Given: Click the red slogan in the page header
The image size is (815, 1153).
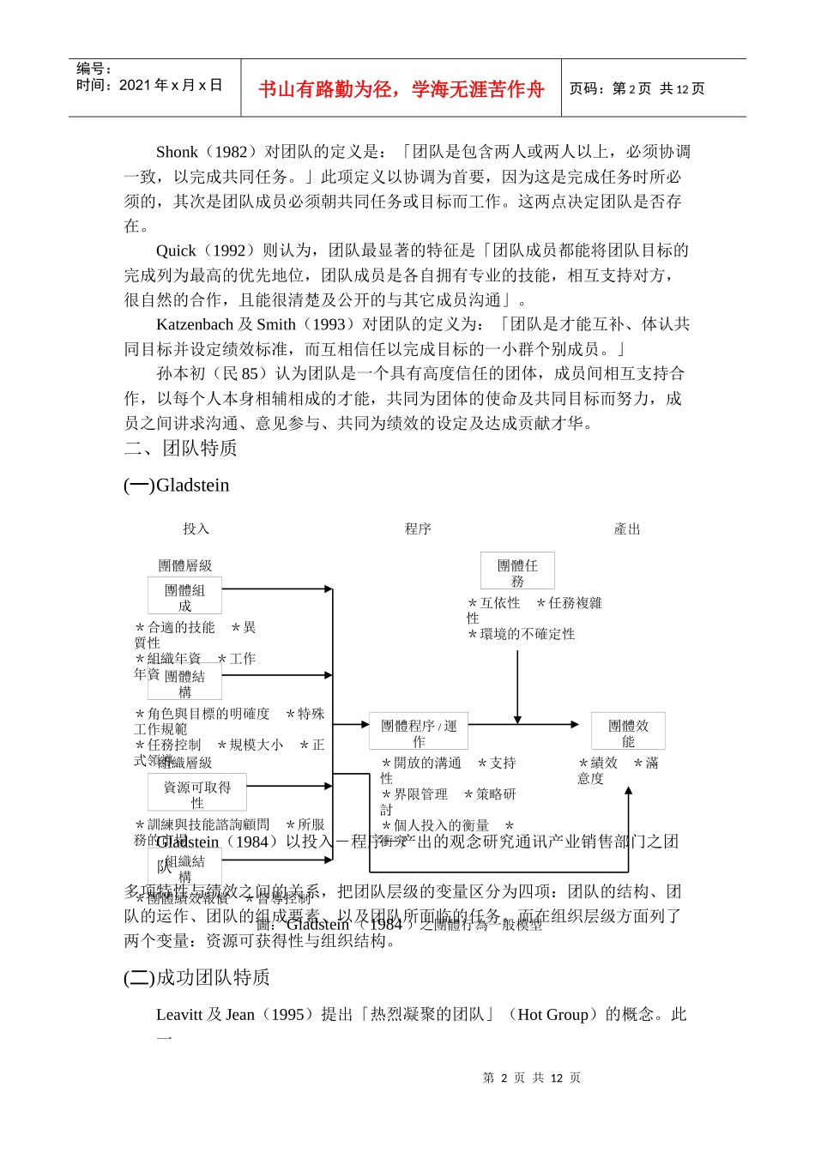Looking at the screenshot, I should click(x=401, y=89).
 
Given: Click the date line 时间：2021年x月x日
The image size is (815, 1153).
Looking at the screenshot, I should click(x=149, y=85).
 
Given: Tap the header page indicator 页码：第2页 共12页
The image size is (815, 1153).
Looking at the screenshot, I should click(x=637, y=88).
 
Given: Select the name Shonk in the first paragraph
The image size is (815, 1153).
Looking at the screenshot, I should click(x=177, y=152).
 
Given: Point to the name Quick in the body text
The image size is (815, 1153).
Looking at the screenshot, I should click(x=176, y=251).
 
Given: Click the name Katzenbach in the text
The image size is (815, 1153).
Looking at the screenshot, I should click(x=195, y=324).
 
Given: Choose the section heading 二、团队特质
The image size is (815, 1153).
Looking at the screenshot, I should click(x=180, y=448).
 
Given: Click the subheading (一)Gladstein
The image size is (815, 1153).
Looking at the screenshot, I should click(x=177, y=485).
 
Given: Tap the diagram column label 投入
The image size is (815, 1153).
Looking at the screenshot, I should click(x=196, y=529).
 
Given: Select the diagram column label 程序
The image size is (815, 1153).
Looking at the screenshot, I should click(x=418, y=529).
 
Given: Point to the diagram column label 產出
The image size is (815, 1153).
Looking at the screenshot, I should click(x=627, y=529).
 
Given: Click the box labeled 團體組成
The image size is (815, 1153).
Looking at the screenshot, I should click(x=184, y=596).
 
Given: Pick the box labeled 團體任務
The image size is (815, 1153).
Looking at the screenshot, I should click(x=517, y=571).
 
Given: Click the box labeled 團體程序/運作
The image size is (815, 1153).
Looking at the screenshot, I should click(x=419, y=732).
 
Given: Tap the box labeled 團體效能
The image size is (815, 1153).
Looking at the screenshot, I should click(x=628, y=732).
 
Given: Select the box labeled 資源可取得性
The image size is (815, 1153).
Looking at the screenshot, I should click(x=197, y=794).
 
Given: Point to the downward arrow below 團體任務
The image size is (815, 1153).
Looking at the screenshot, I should click(x=517, y=686).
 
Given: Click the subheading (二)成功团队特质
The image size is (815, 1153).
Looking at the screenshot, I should click(x=196, y=977).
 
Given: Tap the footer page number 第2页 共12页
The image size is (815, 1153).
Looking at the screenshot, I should click(x=532, y=1078).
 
